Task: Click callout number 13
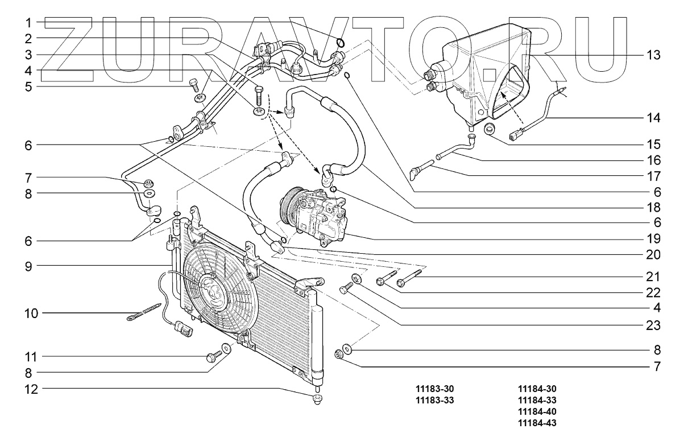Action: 653,55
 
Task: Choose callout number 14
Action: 653,118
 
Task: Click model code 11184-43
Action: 537,423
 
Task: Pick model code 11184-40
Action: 537,411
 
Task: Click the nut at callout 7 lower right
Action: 339,355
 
